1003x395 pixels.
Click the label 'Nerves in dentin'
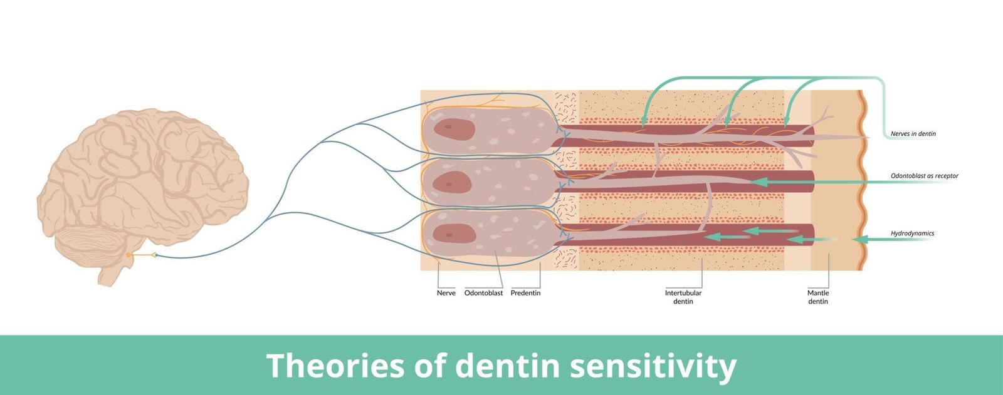pyautogui.click(x=913, y=134)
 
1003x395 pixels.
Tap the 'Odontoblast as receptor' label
pyautogui.click(x=924, y=176)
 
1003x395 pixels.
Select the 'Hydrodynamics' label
pyautogui.click(x=912, y=233)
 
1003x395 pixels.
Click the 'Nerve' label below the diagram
pyautogui.click(x=446, y=293)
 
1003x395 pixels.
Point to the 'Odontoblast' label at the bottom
pyautogui.click(x=483, y=293)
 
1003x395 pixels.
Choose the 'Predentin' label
pyautogui.click(x=525, y=293)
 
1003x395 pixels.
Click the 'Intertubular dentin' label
pyautogui.click(x=683, y=297)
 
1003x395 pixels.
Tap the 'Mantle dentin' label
pyautogui.click(x=817, y=297)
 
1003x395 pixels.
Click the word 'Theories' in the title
pyautogui.click(x=335, y=366)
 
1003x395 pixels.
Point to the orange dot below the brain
pyautogui.click(x=129, y=255)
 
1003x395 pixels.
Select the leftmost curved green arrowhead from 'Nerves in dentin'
pyautogui.click(x=644, y=123)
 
